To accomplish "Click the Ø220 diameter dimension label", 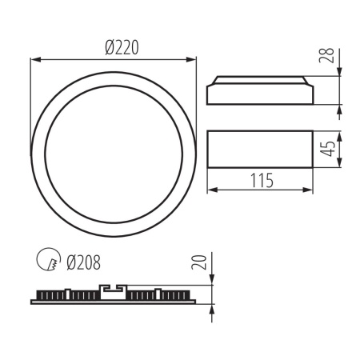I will [122, 47].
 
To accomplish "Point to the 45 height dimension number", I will [326, 148].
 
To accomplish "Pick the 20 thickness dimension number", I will [202, 261].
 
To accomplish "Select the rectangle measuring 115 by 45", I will [260, 148].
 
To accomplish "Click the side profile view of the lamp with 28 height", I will [260, 91].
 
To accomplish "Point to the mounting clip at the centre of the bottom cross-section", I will [113, 290].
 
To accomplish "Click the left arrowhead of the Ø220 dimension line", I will [34, 58].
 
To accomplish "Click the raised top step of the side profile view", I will [260, 80].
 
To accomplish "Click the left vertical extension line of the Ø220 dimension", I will [30, 96].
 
